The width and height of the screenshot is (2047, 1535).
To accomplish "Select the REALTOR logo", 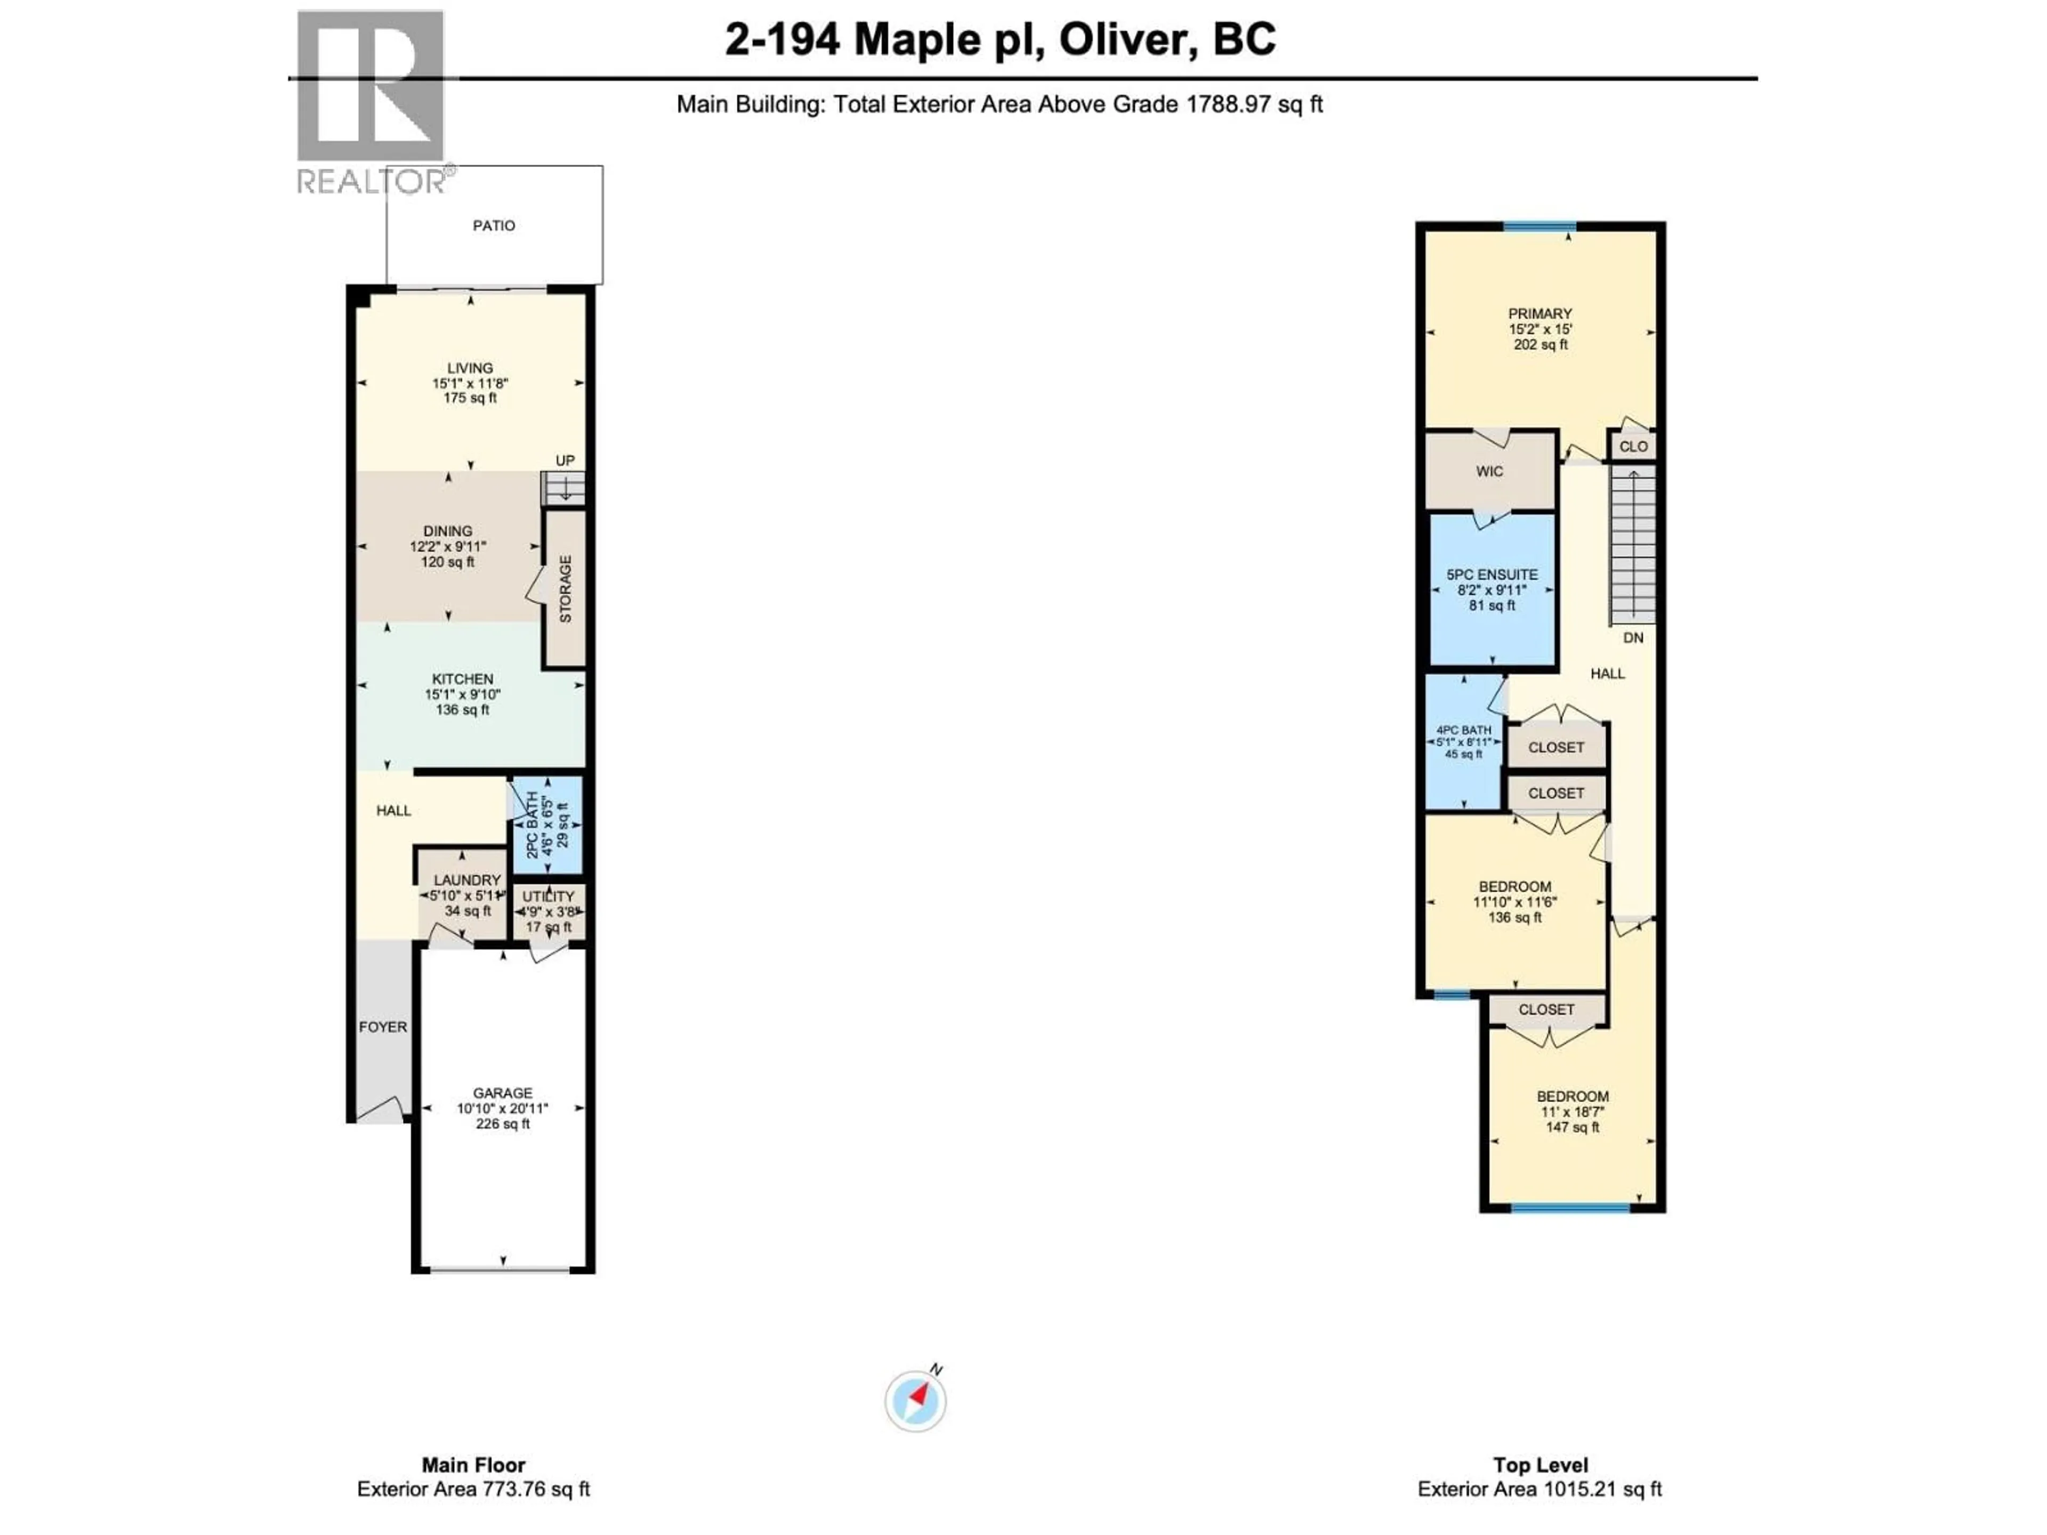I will pyautogui.click(x=370, y=102).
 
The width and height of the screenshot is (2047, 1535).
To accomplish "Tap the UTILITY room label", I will pyautogui.click(x=548, y=896).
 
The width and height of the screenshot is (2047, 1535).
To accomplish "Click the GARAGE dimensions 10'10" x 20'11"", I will pyautogui.click(x=503, y=1109).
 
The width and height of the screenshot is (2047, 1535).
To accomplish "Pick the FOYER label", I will pyautogui.click(x=382, y=1027).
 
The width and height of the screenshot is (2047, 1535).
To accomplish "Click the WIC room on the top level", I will pyautogui.click(x=1489, y=471).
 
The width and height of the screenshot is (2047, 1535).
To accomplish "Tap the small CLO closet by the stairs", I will pyautogui.click(x=1632, y=446).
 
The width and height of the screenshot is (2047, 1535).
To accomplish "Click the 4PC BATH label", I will pyautogui.click(x=1463, y=730).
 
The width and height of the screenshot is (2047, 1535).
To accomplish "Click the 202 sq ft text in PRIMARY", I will pyautogui.click(x=1540, y=344).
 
